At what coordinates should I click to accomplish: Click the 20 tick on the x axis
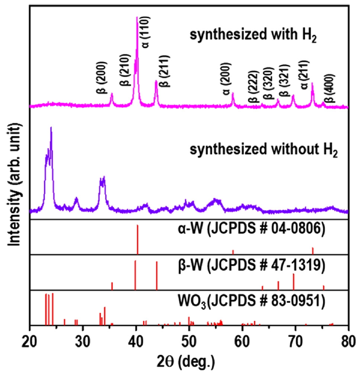(x=30, y=341)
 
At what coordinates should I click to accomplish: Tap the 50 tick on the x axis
(x=189, y=341)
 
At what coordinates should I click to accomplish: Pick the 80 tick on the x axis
(x=348, y=341)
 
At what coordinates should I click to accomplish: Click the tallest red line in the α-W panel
(x=137, y=240)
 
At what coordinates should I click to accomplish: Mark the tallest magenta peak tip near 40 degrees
(x=137, y=18)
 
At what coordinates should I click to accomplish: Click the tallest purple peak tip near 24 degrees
(x=51, y=128)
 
